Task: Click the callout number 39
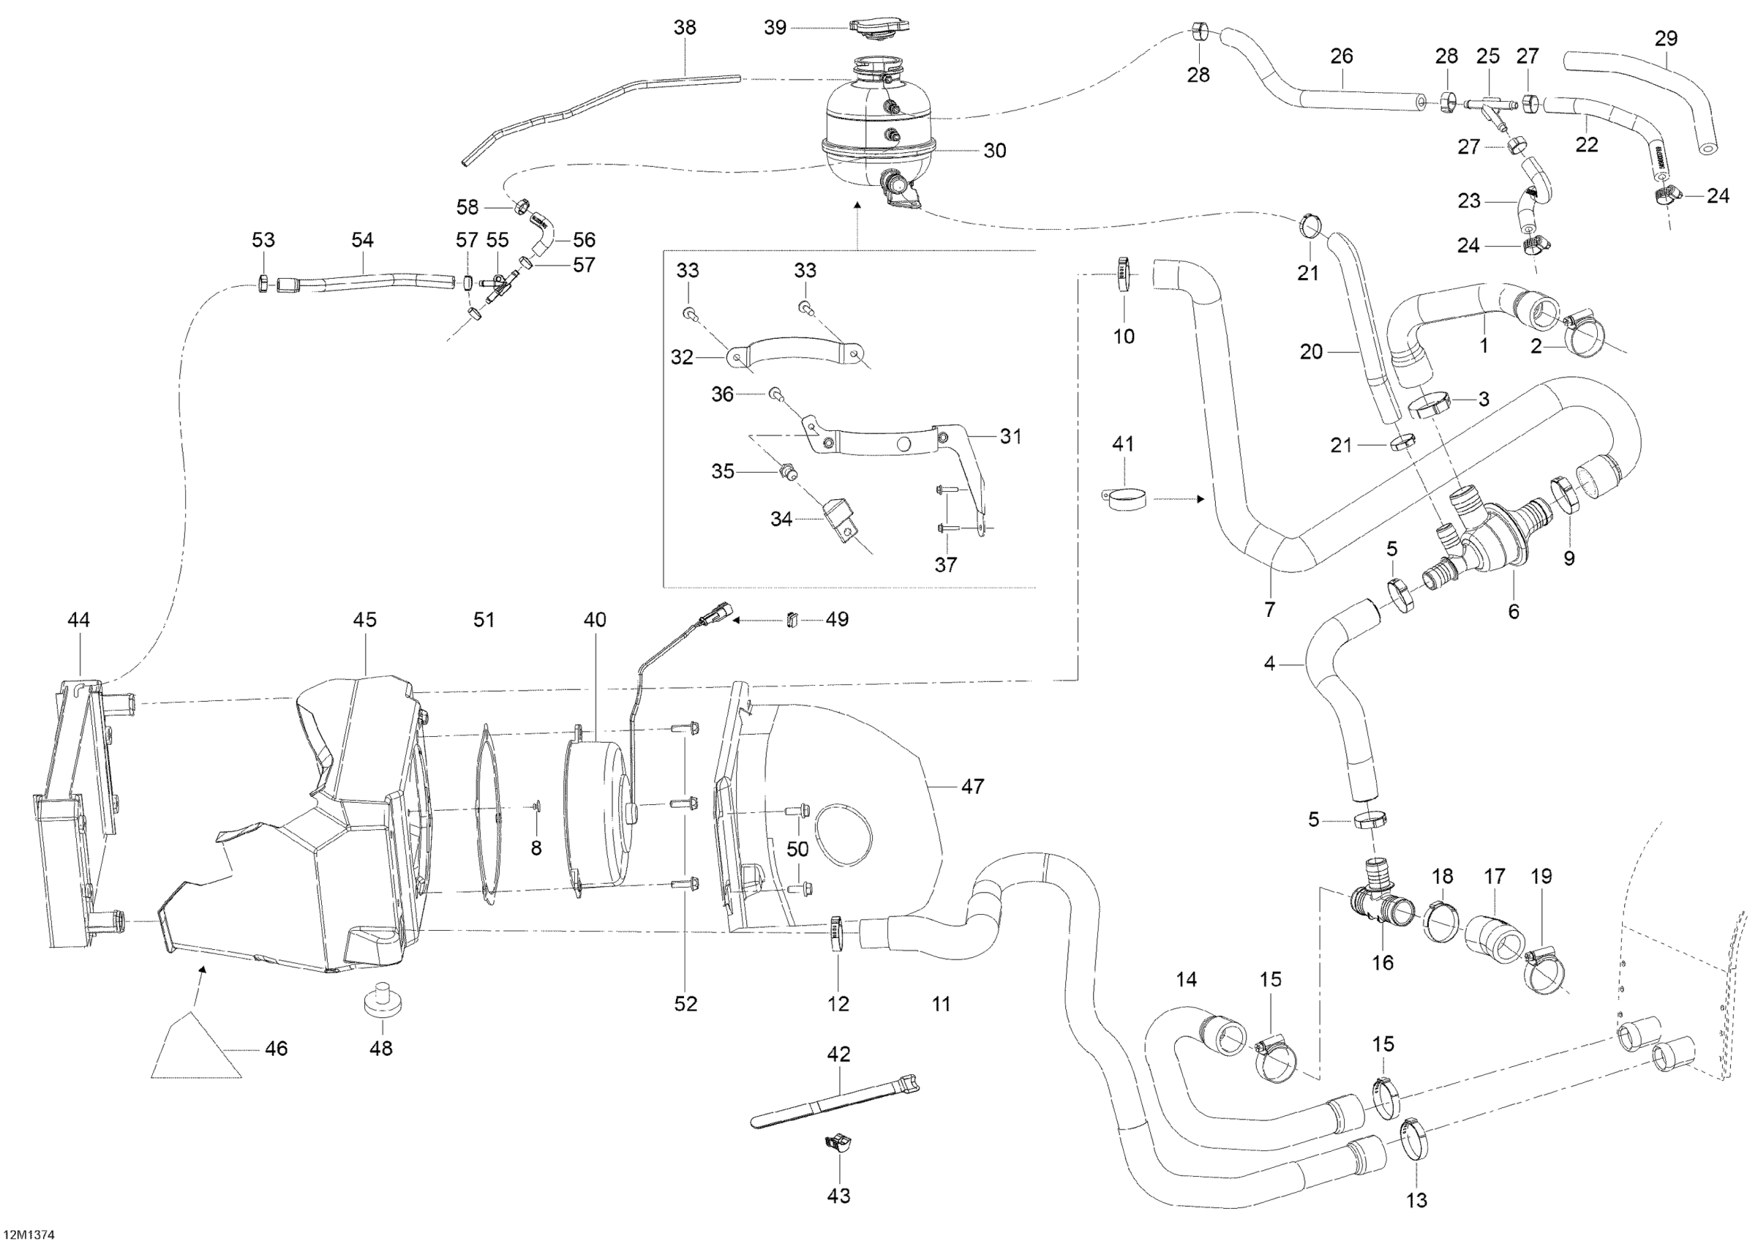click(775, 28)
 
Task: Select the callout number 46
click(276, 1048)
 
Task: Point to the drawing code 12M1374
click(28, 1234)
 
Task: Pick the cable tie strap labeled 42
click(835, 1104)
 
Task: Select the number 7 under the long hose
click(1269, 610)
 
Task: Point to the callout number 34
click(781, 520)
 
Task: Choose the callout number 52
click(685, 1003)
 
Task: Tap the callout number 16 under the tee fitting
click(1382, 963)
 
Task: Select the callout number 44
click(79, 620)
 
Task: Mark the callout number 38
click(685, 28)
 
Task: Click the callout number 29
click(1666, 38)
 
